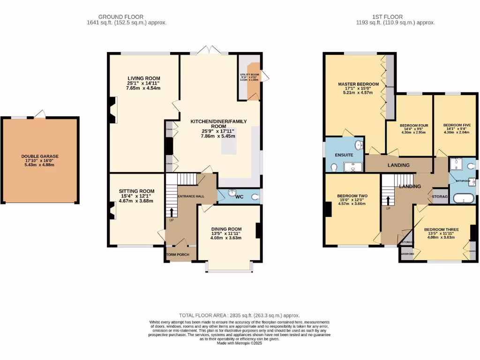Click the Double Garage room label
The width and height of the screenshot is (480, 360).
[40, 157]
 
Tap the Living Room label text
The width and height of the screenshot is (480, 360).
[144, 78]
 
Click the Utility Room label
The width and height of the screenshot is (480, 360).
[249, 75]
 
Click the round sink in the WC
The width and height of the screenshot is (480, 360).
[232, 192]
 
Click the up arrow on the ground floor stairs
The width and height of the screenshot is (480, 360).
[171, 212]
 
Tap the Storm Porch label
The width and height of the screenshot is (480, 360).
[177, 255]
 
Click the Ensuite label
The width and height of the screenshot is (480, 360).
[343, 155]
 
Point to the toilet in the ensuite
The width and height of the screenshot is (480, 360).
[334, 167]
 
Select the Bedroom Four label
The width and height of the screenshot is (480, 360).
[414, 126]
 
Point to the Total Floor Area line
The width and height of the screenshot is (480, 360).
[240, 315]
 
